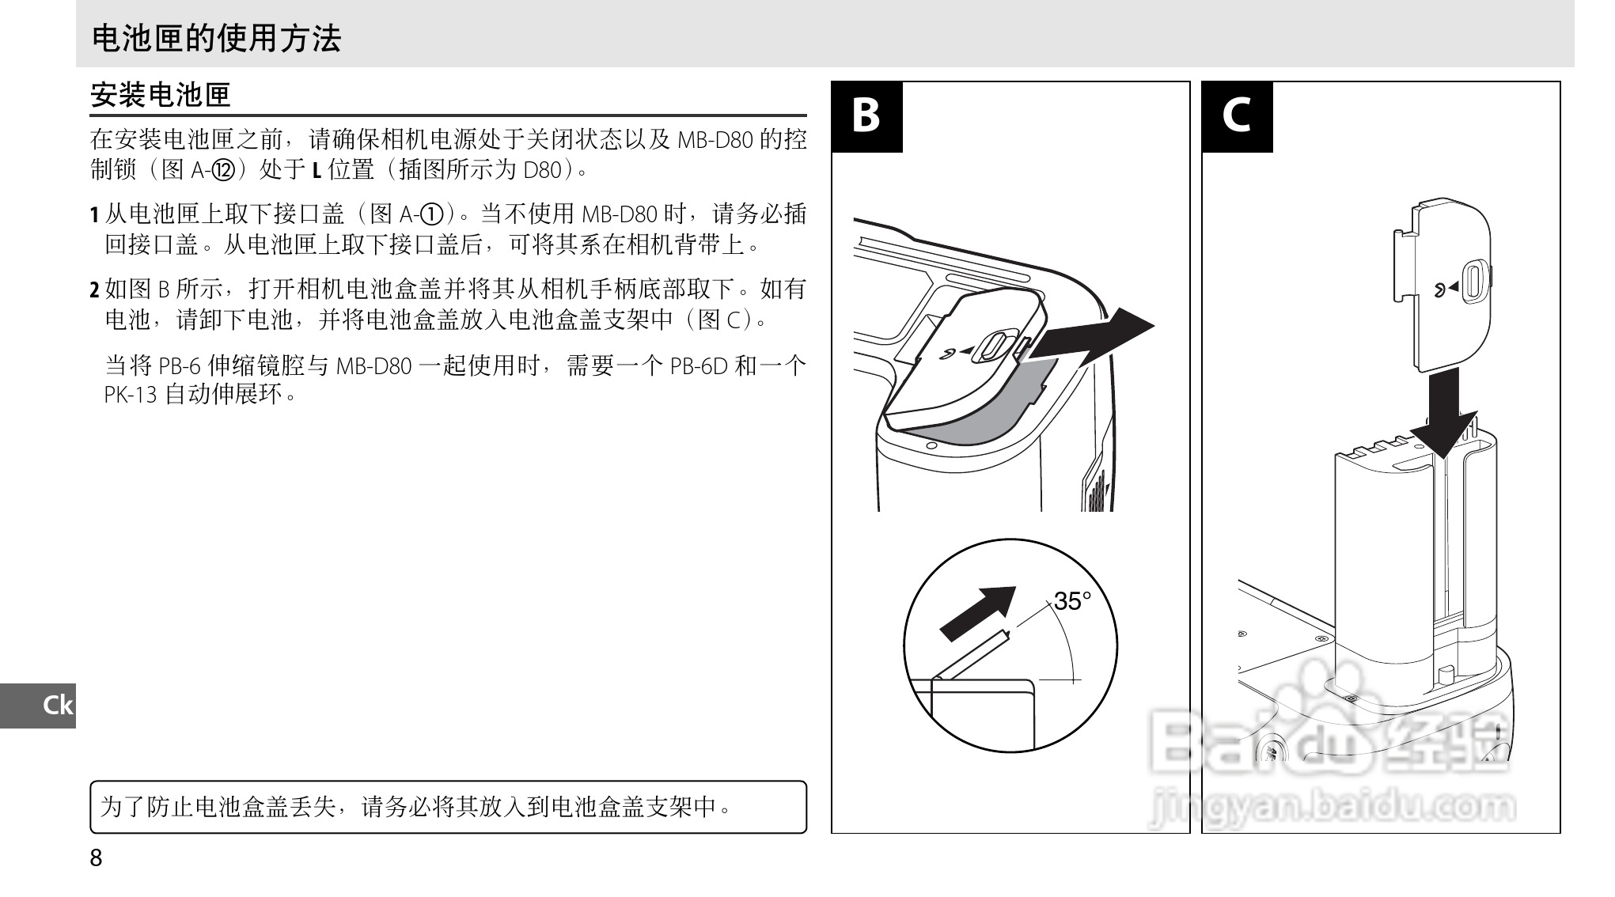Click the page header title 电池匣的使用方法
tap(216, 38)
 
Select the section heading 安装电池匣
tap(160, 95)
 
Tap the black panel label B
tap(866, 116)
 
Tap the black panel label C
tap(1236, 116)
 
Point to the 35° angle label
tap(1072, 602)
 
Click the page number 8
tap(96, 857)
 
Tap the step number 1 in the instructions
tap(94, 215)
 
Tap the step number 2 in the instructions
tap(94, 290)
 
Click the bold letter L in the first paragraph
tap(317, 170)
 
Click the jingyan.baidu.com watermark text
tap(1332, 807)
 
